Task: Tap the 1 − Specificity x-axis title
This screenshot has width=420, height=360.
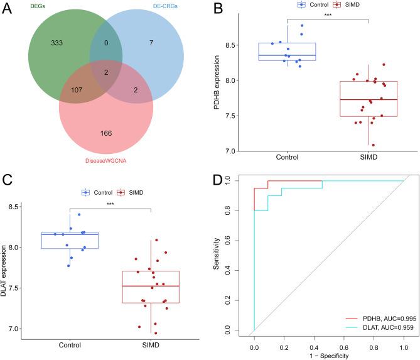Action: click(328, 355)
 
